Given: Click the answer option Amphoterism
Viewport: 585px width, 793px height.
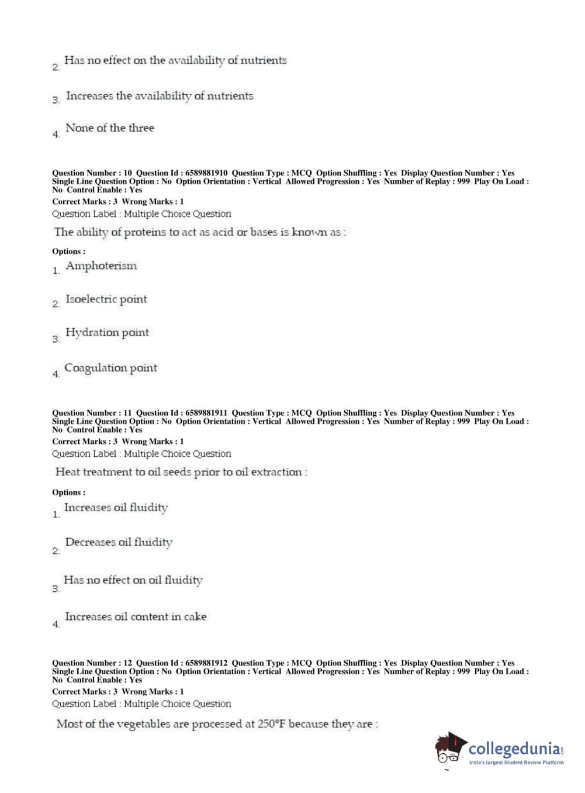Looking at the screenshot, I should click(x=101, y=266).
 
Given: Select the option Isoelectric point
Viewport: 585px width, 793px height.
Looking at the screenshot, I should click(x=106, y=299).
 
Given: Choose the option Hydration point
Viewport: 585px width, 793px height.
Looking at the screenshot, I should click(x=107, y=333).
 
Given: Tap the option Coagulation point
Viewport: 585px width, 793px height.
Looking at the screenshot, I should click(x=110, y=368).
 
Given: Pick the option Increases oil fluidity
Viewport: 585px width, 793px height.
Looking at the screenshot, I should click(x=116, y=508).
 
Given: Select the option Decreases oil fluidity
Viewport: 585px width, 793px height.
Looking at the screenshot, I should click(x=119, y=543).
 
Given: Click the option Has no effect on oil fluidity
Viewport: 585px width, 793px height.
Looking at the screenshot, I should click(x=133, y=580).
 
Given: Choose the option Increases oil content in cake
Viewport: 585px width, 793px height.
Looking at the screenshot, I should click(x=136, y=616).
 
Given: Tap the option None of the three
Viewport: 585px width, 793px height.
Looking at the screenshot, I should click(x=110, y=128).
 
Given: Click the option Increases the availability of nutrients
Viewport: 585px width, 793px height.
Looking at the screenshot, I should click(x=160, y=96).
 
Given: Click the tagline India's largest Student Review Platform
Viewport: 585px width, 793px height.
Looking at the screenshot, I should click(x=516, y=763).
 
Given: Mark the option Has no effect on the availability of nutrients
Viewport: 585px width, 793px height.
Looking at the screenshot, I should click(x=175, y=60).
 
